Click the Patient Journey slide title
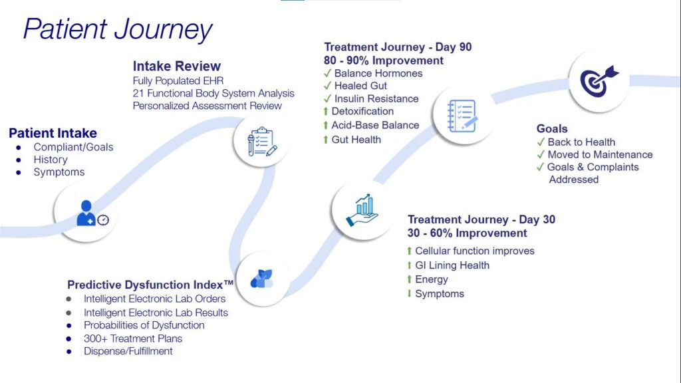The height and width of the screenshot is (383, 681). tap(118, 29)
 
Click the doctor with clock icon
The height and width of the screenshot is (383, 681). tap(92, 213)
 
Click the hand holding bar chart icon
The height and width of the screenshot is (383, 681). tap(362, 209)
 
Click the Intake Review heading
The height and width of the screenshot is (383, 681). tap(176, 66)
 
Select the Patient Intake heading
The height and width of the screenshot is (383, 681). tap(53, 133)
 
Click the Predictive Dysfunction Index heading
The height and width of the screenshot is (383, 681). tap(141, 285)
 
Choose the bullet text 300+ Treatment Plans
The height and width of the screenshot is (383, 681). tap(133, 338)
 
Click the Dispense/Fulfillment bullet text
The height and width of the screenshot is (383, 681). tap(128, 350)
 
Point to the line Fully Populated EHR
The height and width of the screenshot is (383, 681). tap(178, 80)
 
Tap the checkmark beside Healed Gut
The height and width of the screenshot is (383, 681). tap(327, 86)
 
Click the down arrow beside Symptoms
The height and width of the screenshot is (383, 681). tap(409, 293)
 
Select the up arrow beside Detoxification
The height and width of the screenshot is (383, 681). tap(326, 111)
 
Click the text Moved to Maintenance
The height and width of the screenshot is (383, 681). tap(600, 154)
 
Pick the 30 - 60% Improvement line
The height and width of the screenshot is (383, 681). tap(467, 233)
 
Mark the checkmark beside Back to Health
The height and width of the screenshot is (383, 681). tap(541, 142)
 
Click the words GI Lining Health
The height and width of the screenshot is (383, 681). tap(452, 265)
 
